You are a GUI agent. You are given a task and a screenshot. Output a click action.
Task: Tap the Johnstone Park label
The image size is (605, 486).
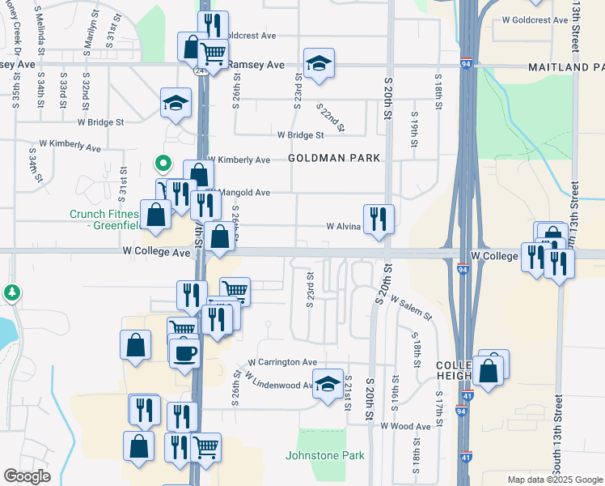[325, 455]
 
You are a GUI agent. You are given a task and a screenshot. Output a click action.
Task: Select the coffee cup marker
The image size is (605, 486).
[185, 352]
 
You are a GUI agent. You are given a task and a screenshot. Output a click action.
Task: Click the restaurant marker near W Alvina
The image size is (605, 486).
[379, 219]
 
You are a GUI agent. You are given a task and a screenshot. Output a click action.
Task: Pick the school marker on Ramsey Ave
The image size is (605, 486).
[319, 63]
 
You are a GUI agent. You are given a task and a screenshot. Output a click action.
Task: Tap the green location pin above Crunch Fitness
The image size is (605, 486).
[163, 164]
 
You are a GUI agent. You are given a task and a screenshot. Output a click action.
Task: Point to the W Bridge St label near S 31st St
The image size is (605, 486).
[100, 122]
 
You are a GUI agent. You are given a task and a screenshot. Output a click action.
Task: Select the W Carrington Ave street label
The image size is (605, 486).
[282, 362]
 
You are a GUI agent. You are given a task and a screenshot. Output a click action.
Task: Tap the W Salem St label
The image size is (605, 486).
[411, 307]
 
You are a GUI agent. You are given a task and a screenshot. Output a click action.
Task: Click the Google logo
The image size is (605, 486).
[27, 476]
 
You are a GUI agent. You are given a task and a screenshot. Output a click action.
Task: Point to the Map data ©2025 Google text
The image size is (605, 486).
[554, 480]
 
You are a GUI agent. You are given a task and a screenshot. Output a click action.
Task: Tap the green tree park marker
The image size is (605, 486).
[12, 292]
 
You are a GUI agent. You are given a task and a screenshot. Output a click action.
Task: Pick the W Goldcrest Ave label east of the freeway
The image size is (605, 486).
[535, 19]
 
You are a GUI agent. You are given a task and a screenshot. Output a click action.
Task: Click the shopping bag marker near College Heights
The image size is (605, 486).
[489, 372]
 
